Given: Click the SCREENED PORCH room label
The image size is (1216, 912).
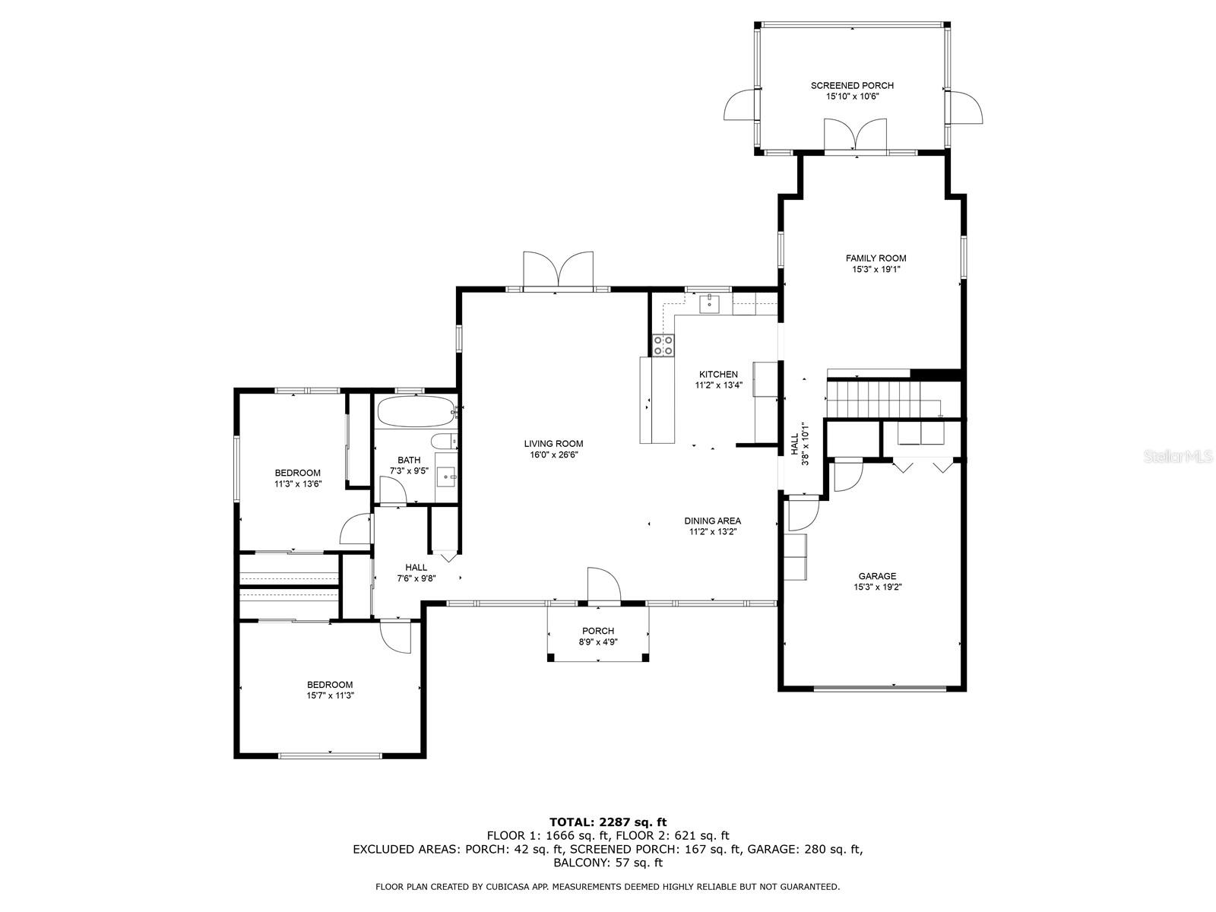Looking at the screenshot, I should tap(852, 86).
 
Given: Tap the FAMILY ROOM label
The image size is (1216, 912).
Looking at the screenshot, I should tap(876, 258).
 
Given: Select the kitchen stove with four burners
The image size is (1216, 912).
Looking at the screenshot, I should tap(663, 346).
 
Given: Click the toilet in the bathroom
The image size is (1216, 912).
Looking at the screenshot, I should tap(442, 441).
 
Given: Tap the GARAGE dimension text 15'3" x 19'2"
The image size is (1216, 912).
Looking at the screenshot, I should tap(877, 587).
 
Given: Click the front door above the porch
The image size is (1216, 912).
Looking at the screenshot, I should tap(604, 585).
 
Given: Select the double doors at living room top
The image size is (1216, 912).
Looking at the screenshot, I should tap(558, 271).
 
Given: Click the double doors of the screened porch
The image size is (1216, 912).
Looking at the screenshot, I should tap(856, 135).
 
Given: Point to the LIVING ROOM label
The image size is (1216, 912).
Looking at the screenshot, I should tap(553, 444).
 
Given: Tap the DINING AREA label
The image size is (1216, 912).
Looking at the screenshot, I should tap(712, 521).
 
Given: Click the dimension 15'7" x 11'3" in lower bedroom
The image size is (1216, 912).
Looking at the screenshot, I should tap(330, 695).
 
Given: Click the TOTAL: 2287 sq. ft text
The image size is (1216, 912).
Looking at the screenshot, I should tap(607, 822).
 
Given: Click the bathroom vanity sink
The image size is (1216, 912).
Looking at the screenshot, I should tap(446, 479).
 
